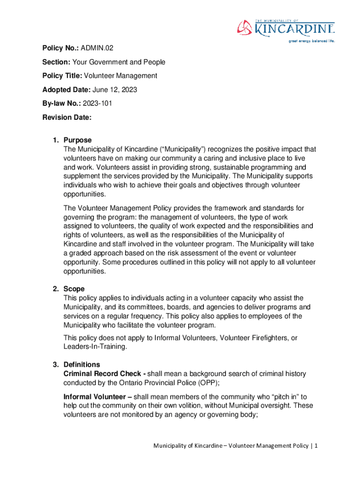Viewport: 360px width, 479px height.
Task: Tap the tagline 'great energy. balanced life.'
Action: click(x=312, y=41)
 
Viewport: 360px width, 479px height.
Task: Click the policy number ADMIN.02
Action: click(x=97, y=48)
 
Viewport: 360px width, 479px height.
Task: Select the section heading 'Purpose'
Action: click(x=78, y=140)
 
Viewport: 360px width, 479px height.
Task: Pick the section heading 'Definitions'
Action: click(x=82, y=364)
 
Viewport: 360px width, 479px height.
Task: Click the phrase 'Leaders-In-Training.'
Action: click(x=95, y=347)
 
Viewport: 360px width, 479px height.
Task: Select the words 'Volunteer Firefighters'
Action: click(x=247, y=338)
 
